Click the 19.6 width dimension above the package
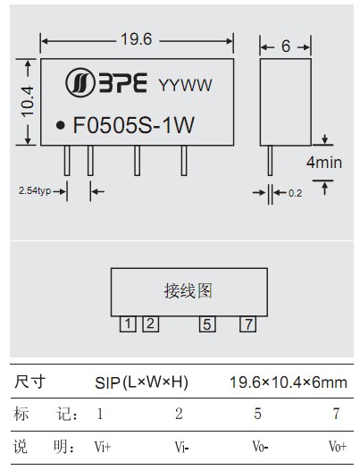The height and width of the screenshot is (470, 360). (137, 39)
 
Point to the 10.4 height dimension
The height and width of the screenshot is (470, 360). (28, 101)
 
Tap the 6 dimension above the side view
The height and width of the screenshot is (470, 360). (286, 46)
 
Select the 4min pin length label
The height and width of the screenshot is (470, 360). (324, 163)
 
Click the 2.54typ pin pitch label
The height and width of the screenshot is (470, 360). (35, 190)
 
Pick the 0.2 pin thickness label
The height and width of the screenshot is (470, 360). (295, 193)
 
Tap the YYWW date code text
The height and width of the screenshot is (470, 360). (185, 85)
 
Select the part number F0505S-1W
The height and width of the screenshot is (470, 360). (134, 125)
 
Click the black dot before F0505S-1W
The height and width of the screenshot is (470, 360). (61, 125)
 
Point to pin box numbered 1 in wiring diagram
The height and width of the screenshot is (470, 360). (128, 324)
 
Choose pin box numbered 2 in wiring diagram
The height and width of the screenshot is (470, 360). (150, 324)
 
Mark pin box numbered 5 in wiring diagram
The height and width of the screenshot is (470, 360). (207, 324)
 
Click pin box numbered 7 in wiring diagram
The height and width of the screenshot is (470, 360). (248, 324)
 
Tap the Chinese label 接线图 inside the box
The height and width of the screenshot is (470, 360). (188, 291)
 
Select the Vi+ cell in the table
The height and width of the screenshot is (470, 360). (103, 447)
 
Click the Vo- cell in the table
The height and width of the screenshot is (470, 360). (260, 447)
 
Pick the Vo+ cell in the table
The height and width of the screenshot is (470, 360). (338, 447)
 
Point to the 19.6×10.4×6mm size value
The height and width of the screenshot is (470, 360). (289, 382)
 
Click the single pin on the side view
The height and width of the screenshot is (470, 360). (270, 160)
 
